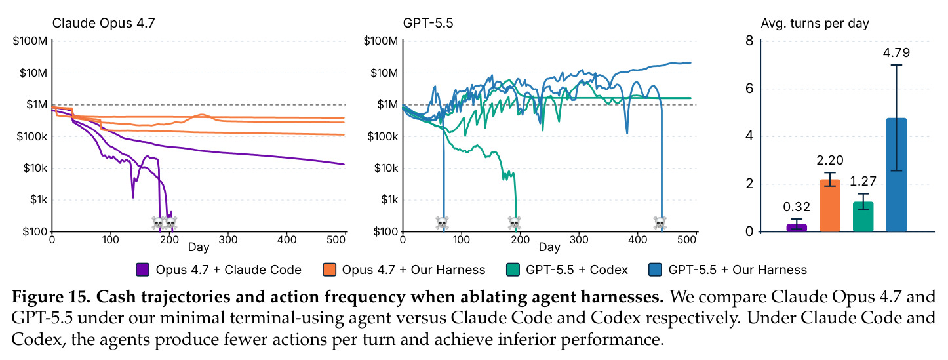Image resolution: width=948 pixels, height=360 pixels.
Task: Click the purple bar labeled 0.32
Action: click(x=797, y=228)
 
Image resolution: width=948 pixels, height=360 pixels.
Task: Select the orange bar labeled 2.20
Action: click(x=830, y=205)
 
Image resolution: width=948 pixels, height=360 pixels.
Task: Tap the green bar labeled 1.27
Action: click(x=863, y=216)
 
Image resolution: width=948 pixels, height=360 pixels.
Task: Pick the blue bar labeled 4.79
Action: click(x=896, y=174)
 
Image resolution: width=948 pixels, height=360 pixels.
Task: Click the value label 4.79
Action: click(x=896, y=53)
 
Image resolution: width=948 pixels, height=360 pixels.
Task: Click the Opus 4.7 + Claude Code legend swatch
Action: click(x=143, y=270)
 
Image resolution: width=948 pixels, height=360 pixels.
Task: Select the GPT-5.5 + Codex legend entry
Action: click(x=567, y=270)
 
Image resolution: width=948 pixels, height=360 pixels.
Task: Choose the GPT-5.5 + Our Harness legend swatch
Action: click(x=655, y=270)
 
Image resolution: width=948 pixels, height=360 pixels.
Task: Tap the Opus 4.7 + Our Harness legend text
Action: click(x=414, y=270)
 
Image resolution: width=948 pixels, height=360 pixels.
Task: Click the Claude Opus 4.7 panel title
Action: click(x=104, y=23)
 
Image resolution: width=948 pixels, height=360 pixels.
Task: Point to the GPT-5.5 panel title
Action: click(x=428, y=23)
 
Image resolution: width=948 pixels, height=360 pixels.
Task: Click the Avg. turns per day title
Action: click(x=815, y=24)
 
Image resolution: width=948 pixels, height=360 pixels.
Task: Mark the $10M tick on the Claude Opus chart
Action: click(x=33, y=73)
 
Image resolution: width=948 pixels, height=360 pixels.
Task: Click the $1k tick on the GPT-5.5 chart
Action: click(x=390, y=199)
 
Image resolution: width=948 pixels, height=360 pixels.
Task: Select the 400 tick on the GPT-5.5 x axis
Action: click(x=637, y=240)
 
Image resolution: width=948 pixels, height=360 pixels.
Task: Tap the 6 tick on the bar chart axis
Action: click(x=749, y=89)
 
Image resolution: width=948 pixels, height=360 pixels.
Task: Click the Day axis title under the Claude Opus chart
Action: click(x=199, y=247)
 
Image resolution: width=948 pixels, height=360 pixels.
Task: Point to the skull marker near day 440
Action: click(x=660, y=223)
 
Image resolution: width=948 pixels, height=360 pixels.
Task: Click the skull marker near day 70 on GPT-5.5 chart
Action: click(x=443, y=223)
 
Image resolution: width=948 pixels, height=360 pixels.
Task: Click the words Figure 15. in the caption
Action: click(x=50, y=297)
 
